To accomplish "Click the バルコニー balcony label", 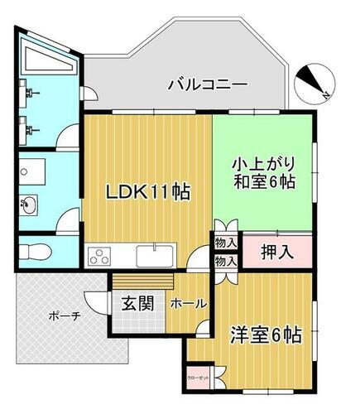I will coord(207,84).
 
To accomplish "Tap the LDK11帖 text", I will coord(148,192).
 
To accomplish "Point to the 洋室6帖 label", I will coord(265,335).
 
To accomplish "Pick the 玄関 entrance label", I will coord(138,303).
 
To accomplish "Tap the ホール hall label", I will coord(188,304).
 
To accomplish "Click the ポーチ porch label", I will coord(64,315).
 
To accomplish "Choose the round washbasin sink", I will coord(30,205).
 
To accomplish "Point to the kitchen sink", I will coord(154,254).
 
